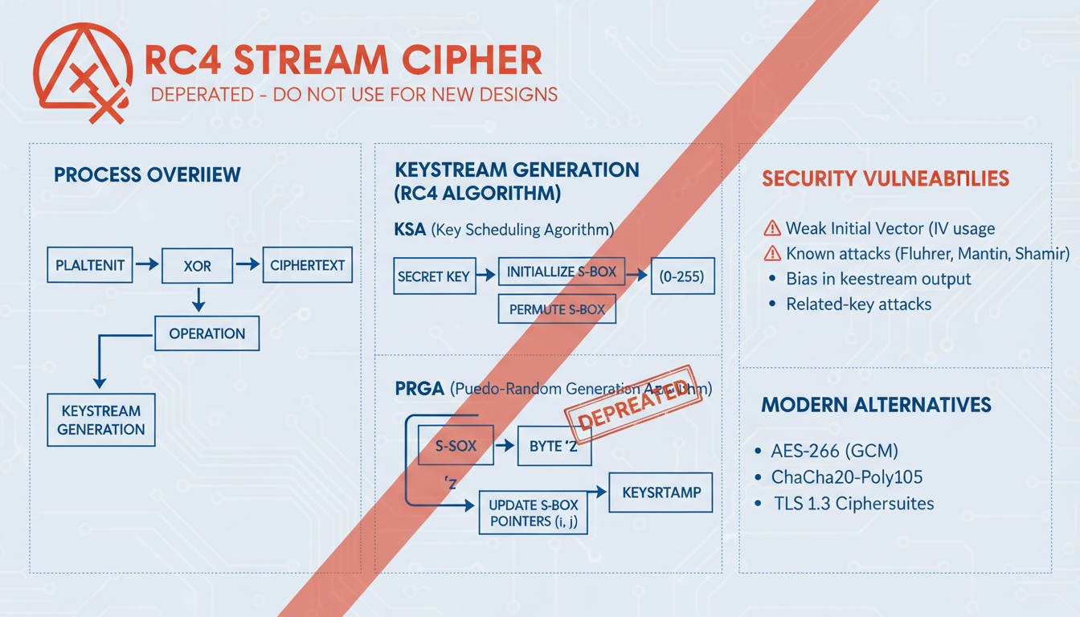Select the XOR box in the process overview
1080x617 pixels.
point(197,265)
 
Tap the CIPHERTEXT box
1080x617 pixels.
point(307,265)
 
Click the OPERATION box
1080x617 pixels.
point(207,333)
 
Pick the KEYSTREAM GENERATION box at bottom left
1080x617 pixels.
point(101,419)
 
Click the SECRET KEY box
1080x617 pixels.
point(433,276)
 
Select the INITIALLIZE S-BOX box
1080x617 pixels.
point(561,272)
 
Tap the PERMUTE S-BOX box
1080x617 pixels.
point(557,309)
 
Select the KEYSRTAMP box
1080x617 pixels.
point(661,492)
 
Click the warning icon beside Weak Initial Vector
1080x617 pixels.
point(771,228)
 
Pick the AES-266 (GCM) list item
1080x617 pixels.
point(834,451)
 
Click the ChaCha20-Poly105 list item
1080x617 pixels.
point(846,477)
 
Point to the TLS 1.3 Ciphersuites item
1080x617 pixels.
point(853,504)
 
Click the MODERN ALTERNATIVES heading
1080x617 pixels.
point(876,404)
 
